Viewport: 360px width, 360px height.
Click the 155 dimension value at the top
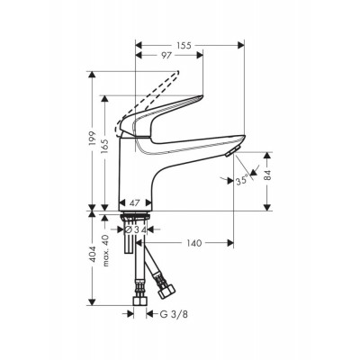point(184,45)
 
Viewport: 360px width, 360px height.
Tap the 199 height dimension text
point(92,139)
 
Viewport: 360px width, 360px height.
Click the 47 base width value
point(135,203)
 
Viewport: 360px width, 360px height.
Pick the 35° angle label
point(242,181)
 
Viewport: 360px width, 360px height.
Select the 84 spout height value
point(267,175)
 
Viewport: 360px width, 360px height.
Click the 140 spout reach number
point(194,243)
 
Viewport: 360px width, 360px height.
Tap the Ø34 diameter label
point(135,229)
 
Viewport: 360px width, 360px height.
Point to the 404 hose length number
point(92,255)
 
